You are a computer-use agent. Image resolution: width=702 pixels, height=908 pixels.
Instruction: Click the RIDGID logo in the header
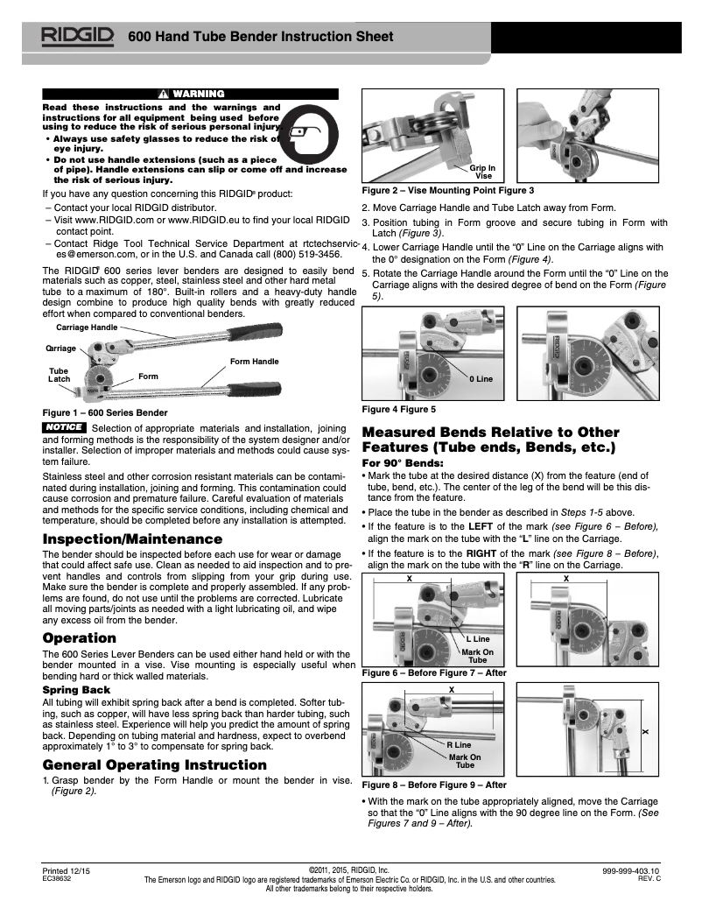(76, 36)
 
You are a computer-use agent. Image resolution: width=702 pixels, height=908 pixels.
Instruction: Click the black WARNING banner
(190, 94)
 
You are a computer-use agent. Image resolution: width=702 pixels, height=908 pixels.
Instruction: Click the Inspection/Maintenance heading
(132, 538)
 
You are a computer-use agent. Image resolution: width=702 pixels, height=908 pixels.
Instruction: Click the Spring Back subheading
(77, 690)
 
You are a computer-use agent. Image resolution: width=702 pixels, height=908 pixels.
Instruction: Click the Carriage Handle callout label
(87, 327)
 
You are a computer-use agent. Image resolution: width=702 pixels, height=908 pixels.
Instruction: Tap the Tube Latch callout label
(59, 375)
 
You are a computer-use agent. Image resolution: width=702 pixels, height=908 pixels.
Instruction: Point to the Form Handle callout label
(254, 361)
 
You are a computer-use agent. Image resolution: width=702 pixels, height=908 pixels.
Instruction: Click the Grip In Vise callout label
(483, 172)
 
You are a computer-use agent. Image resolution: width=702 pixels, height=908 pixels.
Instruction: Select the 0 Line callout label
(481, 378)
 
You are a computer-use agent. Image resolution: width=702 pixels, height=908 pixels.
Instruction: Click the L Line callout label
(477, 640)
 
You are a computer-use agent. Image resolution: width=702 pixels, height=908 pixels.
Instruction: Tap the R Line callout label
(459, 745)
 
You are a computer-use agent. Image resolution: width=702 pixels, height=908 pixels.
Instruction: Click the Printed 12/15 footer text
(67, 871)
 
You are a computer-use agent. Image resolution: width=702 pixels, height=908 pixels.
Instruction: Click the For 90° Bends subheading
(404, 461)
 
